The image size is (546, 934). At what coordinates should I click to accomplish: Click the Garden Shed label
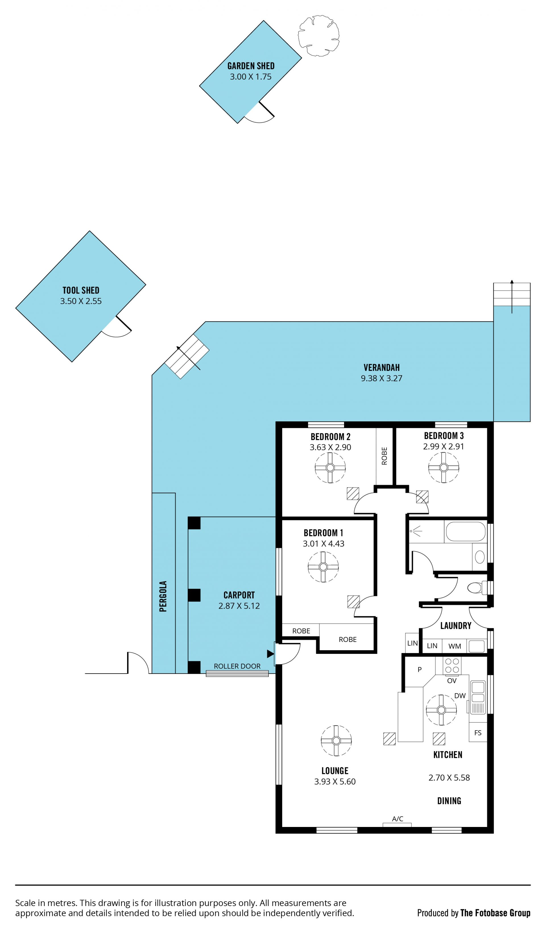(x=251, y=66)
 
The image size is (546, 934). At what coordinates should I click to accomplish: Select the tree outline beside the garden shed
(x=319, y=36)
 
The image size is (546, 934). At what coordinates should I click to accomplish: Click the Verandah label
(x=382, y=368)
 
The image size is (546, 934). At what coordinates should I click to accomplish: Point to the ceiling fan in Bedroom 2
(x=330, y=468)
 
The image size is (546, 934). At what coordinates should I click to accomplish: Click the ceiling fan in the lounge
(x=336, y=740)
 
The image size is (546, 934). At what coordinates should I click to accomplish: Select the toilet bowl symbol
(x=476, y=588)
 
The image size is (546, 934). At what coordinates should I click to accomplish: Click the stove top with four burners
(x=452, y=666)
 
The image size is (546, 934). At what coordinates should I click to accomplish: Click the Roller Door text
(x=237, y=666)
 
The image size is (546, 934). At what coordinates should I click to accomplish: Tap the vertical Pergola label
(x=163, y=596)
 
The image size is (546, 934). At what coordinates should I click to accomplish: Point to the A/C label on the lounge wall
(x=398, y=819)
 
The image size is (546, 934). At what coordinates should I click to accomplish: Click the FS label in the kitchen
(x=478, y=733)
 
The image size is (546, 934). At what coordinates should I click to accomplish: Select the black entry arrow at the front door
(x=270, y=654)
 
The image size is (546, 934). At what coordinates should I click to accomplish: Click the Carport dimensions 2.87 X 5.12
(x=239, y=606)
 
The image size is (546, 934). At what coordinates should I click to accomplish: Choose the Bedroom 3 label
(x=444, y=436)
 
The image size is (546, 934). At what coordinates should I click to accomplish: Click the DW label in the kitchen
(x=460, y=696)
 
